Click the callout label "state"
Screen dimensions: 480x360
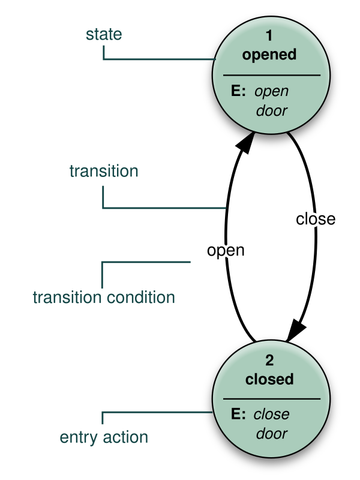click(104, 34)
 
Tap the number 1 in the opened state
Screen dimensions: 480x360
click(269, 37)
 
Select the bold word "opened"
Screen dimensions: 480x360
click(269, 55)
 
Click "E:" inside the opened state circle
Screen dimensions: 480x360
click(239, 91)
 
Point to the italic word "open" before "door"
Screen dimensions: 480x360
click(271, 92)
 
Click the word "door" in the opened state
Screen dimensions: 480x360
click(271, 111)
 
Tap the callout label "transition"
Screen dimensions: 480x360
click(104, 171)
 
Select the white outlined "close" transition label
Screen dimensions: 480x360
click(315, 220)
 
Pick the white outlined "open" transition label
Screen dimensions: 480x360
click(226, 250)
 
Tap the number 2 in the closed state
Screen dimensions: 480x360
click(269, 361)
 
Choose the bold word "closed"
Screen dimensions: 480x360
click(269, 379)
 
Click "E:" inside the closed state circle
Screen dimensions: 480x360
click(238, 414)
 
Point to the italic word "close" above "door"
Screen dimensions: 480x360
click(271, 415)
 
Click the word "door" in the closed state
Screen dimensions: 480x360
click(271, 434)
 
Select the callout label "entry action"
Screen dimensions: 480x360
click(104, 437)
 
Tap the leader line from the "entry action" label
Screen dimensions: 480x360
click(156, 412)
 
